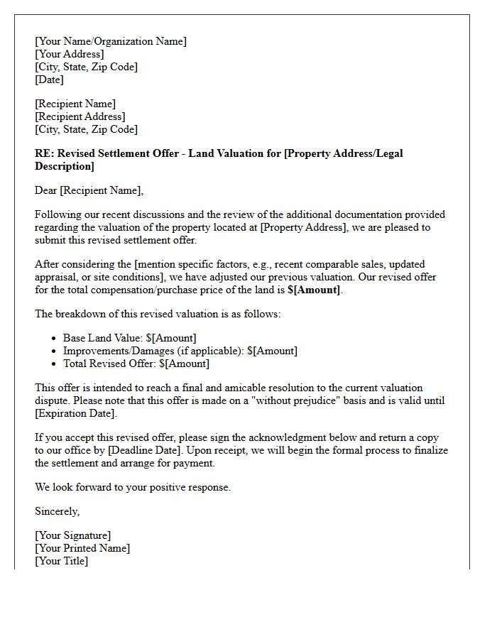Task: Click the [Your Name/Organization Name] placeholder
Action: point(111,41)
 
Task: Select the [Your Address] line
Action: point(70,54)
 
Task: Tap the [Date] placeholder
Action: point(50,80)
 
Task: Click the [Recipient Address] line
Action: point(80,116)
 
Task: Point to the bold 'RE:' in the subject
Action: point(45,153)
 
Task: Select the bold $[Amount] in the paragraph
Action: point(314,290)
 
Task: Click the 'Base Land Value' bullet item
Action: point(129,338)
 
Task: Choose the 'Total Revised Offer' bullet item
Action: point(136,364)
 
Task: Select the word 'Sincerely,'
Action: point(58,511)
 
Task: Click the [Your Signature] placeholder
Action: point(73,535)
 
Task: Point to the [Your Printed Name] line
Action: point(82,548)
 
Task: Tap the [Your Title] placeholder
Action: point(62,561)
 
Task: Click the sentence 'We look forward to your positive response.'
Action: point(133,487)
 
